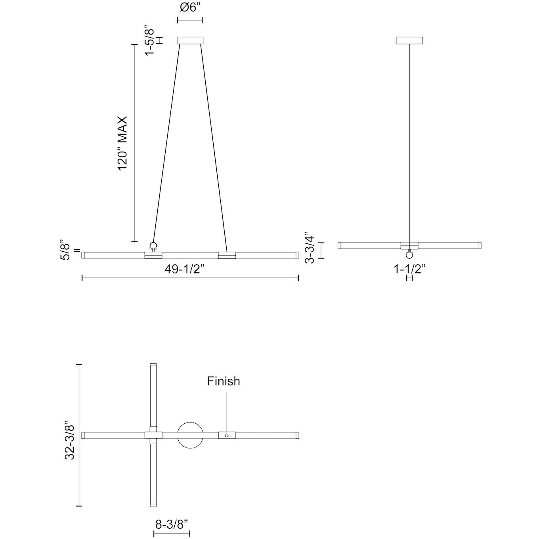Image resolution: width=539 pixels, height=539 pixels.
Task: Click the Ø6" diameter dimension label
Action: point(190,7)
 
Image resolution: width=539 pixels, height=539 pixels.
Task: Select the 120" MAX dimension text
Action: point(122,143)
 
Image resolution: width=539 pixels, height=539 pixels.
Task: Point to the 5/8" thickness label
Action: point(66,250)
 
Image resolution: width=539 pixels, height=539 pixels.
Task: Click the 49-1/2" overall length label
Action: point(184,269)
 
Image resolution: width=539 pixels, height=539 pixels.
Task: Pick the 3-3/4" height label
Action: point(310,250)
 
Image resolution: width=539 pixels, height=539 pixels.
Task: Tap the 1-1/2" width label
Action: point(409,269)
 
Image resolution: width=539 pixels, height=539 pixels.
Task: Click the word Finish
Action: point(224,381)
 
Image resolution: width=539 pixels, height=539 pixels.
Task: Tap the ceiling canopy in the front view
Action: point(190,40)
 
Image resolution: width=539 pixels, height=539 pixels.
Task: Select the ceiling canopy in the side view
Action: point(409,40)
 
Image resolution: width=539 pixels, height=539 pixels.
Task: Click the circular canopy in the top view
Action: point(191,435)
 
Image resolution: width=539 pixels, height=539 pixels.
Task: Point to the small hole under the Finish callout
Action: point(227,436)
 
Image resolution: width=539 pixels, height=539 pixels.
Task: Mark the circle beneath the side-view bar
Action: point(409,255)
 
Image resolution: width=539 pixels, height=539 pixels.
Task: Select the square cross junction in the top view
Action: point(153,435)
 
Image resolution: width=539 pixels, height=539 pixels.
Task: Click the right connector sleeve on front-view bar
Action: point(227,255)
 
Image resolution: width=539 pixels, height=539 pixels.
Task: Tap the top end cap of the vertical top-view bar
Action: point(153,365)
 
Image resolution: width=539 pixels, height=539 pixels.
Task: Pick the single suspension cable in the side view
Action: point(409,143)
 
